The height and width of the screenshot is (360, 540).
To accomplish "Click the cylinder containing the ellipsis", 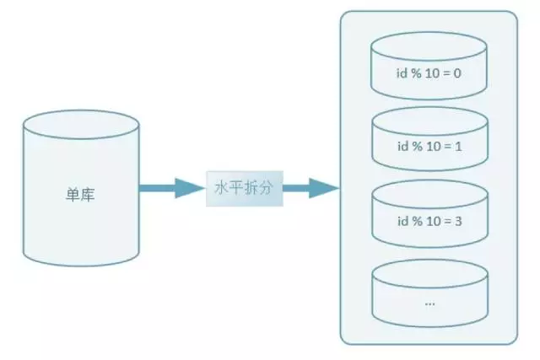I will [x=429, y=291].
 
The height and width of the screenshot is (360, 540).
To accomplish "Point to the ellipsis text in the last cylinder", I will [x=429, y=301].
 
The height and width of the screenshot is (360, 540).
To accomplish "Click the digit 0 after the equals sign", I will [x=457, y=73].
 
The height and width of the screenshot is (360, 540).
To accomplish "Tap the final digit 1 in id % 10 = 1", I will [x=457, y=147].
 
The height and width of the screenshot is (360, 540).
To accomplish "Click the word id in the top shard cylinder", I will [x=402, y=73].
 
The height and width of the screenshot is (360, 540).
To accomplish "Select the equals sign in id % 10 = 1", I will [x=446, y=147].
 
